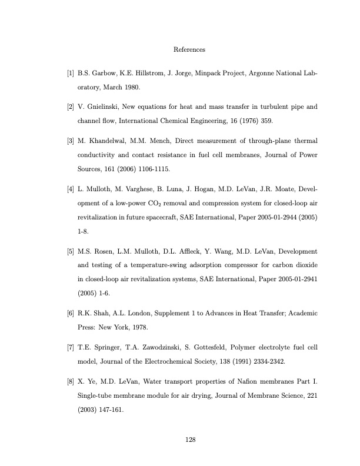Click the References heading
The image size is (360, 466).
click(189, 49)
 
